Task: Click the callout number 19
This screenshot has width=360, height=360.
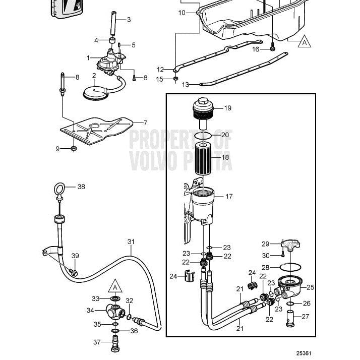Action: point(227,108)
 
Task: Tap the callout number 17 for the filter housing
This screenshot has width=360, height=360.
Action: point(228,196)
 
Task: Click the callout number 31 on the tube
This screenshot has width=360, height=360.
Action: point(131,242)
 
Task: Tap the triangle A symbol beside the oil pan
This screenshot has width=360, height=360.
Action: point(304,42)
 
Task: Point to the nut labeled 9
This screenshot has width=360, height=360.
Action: point(73,149)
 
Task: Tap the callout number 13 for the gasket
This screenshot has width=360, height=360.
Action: point(186,85)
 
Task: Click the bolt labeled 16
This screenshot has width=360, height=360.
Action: point(272,47)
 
